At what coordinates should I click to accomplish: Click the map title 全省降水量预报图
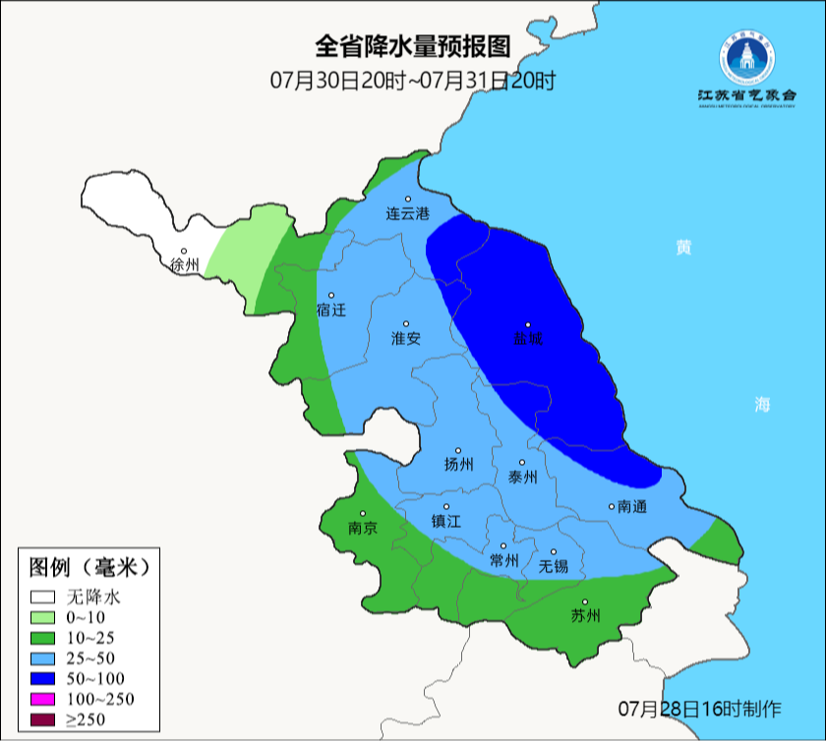pos(413,46)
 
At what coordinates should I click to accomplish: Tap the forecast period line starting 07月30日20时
pos(413,80)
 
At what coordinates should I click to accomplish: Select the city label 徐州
pos(184,264)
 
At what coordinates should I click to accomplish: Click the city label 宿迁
pos(331,310)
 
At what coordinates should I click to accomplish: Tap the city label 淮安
pos(406,338)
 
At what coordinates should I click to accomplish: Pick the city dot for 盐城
pos(528,325)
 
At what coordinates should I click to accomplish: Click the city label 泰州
pos(522,477)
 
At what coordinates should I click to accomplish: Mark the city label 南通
pos(631,507)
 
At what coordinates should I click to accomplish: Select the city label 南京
pos(363,528)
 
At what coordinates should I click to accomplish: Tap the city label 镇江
pos(445,522)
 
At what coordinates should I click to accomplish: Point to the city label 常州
pos(503,560)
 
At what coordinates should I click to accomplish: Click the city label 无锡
pos(553,566)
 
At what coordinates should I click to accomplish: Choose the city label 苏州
pos(585,616)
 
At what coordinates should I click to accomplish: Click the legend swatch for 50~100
pos(41,678)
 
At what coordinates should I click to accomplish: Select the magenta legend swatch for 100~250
pos(41,699)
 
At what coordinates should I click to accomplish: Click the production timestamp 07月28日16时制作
pos(699,709)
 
